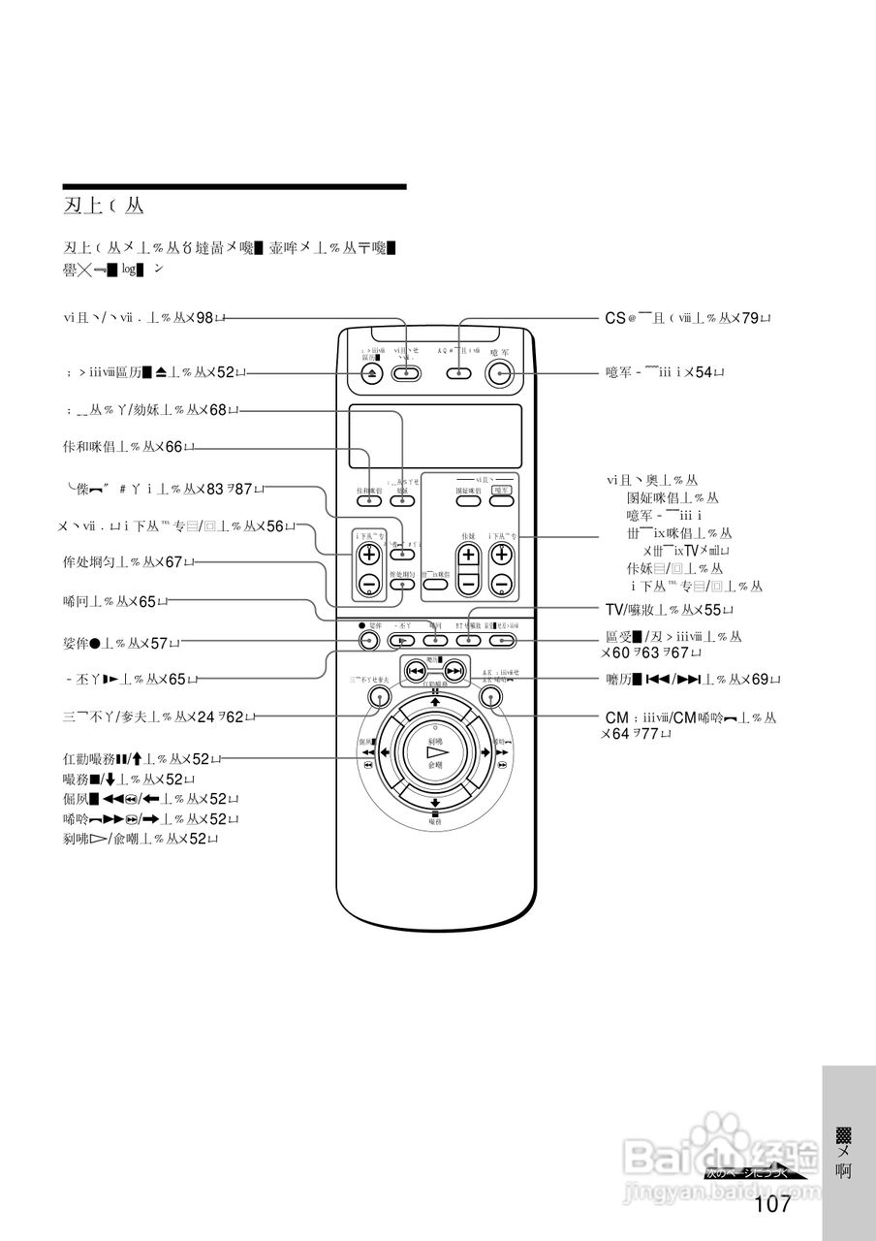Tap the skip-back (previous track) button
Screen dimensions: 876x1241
(416, 671)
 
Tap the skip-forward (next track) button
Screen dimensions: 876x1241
(454, 671)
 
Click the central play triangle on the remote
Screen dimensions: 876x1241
(435, 752)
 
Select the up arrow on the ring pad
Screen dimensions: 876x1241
(435, 701)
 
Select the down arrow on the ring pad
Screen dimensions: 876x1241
(435, 804)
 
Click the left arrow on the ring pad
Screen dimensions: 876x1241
(385, 752)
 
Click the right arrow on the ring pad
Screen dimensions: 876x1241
(485, 752)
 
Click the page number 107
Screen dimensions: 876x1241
(772, 1204)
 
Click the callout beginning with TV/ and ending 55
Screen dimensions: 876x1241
(669, 610)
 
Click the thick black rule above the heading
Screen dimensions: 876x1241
(235, 186)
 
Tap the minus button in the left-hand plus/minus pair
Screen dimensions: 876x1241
(368, 584)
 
